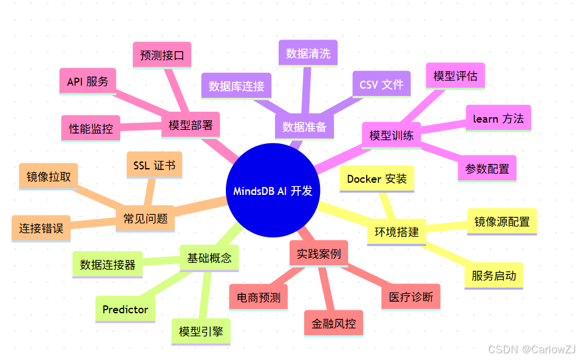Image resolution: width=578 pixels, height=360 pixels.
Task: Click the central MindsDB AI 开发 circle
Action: point(273,191)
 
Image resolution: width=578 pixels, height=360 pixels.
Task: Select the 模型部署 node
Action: point(191,126)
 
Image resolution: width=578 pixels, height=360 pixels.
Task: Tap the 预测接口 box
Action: point(161,55)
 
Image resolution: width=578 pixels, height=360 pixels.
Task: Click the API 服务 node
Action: point(87,81)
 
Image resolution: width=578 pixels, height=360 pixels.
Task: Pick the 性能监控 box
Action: point(90,129)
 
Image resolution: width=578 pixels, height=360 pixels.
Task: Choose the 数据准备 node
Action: point(304,127)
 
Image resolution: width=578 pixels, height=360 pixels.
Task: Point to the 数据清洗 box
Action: point(308,53)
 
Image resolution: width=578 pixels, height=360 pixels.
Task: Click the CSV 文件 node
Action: point(381,84)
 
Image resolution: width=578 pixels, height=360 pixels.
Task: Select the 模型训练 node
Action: point(392,135)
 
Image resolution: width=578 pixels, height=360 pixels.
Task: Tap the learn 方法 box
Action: point(498,119)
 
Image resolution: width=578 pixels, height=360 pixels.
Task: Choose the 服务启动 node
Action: point(494,276)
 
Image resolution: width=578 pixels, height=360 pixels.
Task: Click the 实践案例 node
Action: point(319,253)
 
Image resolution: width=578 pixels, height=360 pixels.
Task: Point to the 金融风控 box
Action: point(333,324)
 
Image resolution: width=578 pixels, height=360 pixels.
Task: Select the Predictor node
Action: point(125,310)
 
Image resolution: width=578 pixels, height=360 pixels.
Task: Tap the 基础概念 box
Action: point(209,258)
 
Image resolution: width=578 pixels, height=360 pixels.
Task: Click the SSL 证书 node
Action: point(154,165)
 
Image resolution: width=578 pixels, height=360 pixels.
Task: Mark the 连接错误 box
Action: point(41,229)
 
